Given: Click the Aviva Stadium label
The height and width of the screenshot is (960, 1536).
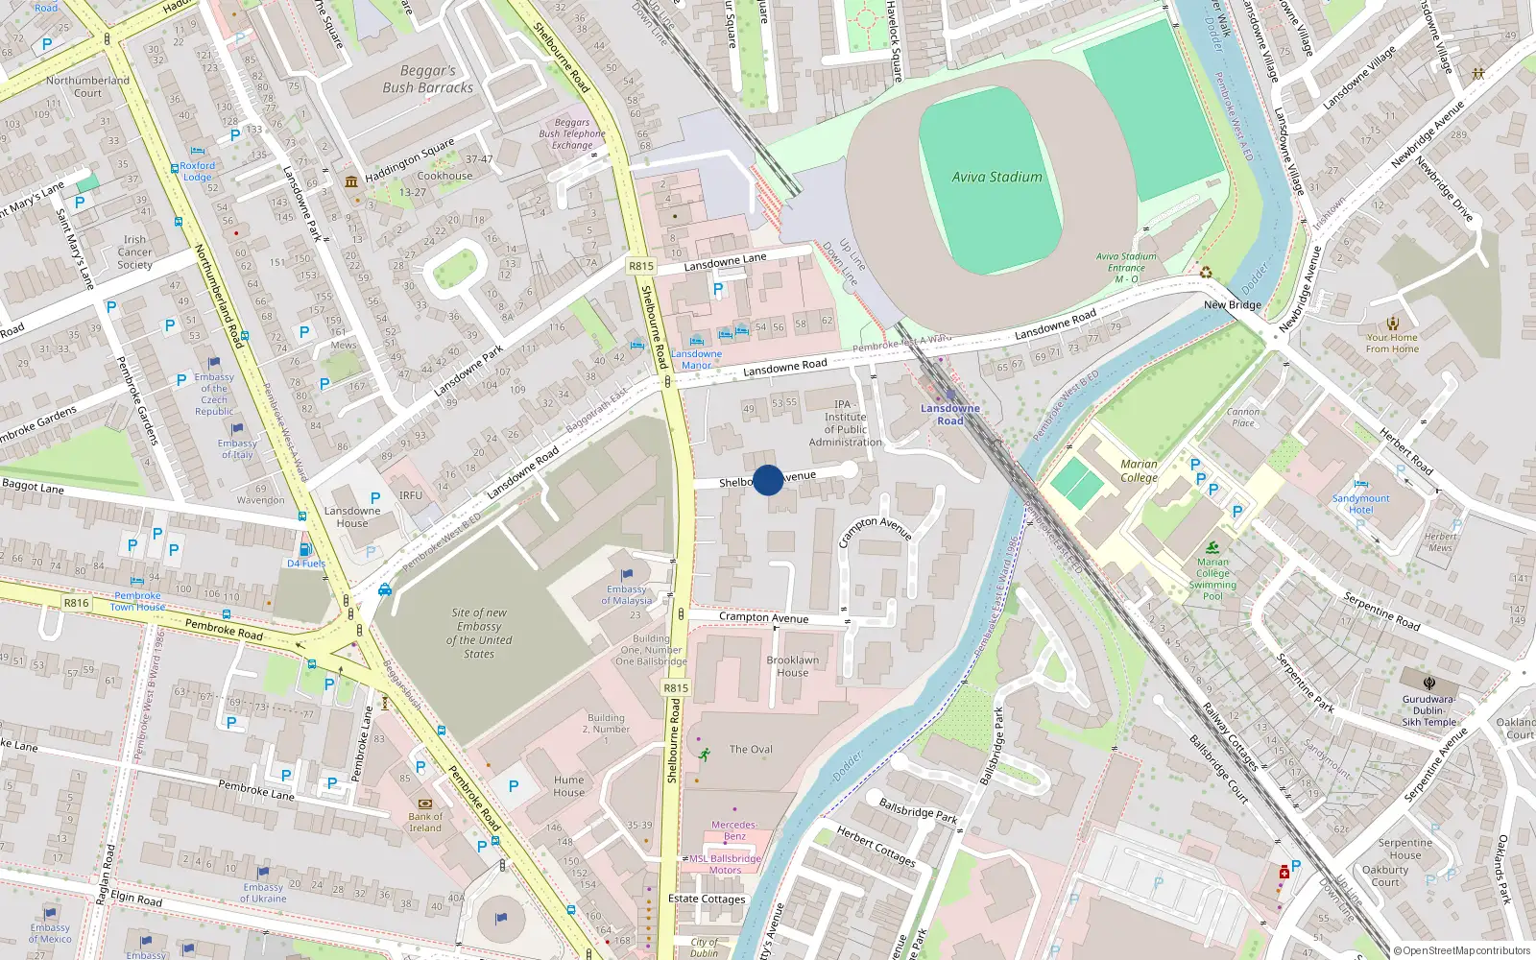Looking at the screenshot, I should (x=996, y=177).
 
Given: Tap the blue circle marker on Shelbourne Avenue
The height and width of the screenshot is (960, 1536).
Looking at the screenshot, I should (x=768, y=480).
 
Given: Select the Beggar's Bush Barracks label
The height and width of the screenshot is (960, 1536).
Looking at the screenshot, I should (x=428, y=79).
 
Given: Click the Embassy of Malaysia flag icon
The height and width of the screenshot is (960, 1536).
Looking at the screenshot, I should (x=627, y=575).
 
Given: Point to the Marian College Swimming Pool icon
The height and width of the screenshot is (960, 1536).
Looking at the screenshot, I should (x=1213, y=547).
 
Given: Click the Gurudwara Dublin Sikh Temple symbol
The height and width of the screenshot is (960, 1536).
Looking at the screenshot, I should (x=1429, y=683).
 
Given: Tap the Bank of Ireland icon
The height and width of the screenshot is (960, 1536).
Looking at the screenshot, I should (x=425, y=804).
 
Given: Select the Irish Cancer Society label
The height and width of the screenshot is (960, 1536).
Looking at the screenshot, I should (x=135, y=252).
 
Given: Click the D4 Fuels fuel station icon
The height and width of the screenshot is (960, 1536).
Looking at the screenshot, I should (x=306, y=550).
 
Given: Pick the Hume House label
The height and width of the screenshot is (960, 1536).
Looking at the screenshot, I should (x=568, y=785).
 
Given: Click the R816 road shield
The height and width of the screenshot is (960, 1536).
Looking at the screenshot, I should (x=76, y=603).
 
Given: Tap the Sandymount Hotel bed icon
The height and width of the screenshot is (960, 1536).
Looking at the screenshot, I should (x=1360, y=484).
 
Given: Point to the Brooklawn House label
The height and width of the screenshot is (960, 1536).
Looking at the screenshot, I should (x=793, y=666).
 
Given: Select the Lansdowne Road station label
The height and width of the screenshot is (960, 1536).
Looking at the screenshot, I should (x=950, y=414).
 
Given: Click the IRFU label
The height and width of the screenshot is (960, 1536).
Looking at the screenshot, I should (x=411, y=495).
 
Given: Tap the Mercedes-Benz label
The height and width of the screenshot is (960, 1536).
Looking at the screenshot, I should (x=734, y=829).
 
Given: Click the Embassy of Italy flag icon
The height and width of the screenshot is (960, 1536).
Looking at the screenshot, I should (x=237, y=429).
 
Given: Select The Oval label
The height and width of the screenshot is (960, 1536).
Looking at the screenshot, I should (x=751, y=749).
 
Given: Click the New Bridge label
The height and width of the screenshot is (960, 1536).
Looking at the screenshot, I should (x=1233, y=305).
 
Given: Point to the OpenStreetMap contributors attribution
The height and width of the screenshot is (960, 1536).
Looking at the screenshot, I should (x=1462, y=950).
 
